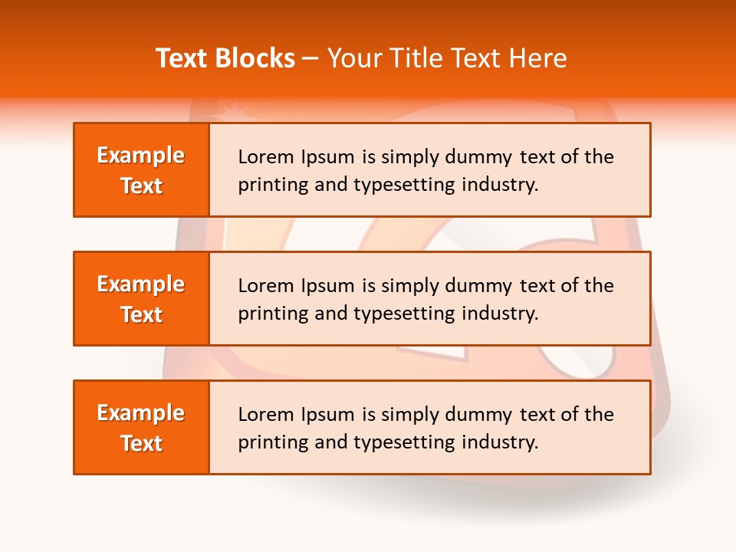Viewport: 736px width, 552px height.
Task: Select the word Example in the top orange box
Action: [141, 156]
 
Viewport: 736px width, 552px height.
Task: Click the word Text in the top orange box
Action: [141, 186]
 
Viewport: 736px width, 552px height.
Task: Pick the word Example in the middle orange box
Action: [141, 284]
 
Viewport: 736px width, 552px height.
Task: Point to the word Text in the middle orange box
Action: [141, 314]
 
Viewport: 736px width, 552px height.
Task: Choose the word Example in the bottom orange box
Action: [141, 413]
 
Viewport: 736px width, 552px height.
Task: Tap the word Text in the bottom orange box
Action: [141, 443]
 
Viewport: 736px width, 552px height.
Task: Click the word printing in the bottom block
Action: [265, 442]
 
